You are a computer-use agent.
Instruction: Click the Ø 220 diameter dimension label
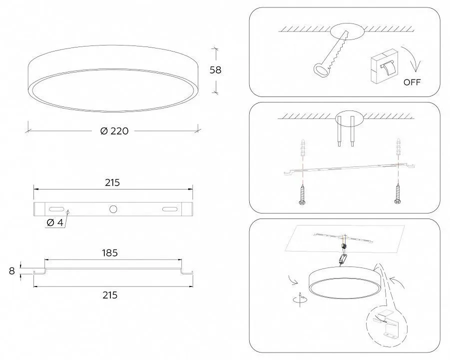(114, 131)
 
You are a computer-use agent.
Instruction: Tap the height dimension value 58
(215, 70)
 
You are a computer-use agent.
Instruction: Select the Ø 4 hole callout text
(54, 222)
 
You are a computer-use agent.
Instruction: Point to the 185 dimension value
(110, 253)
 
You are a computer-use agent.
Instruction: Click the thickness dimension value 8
(12, 271)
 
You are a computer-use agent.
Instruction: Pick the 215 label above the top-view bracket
(112, 182)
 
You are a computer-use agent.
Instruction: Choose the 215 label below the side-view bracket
(110, 295)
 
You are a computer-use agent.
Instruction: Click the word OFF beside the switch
(412, 82)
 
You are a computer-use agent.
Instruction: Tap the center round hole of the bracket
(113, 209)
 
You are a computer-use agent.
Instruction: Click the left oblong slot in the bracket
(56, 209)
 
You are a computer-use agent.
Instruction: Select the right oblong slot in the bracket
(169, 209)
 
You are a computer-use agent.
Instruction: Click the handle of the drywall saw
(321, 70)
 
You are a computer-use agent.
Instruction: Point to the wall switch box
(384, 66)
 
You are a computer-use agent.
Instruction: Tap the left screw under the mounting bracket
(302, 195)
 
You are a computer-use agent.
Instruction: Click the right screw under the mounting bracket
(398, 194)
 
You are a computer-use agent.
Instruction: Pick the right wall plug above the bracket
(399, 147)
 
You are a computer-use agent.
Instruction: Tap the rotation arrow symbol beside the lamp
(300, 299)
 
